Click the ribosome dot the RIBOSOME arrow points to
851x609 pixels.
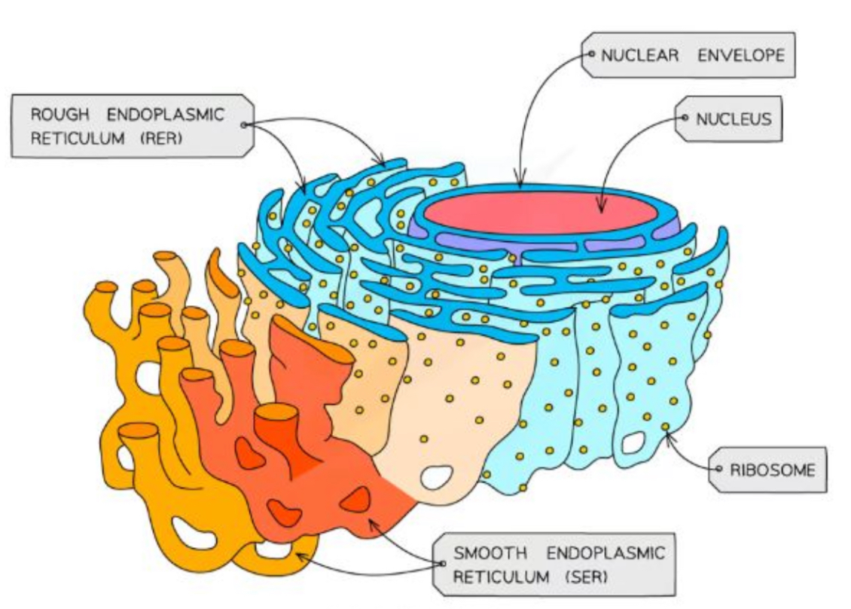click(x=666, y=428)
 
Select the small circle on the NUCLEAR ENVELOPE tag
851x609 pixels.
click(x=593, y=54)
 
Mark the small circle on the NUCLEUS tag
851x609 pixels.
click(x=685, y=118)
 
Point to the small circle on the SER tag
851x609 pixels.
click(x=440, y=565)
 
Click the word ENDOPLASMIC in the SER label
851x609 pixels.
click(x=606, y=553)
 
